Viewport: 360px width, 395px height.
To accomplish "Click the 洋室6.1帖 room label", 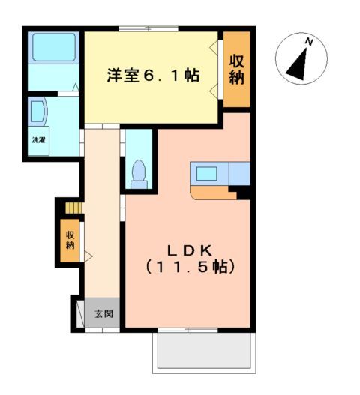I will click(152, 75).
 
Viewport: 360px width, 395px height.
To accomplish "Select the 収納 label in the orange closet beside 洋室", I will click(237, 70).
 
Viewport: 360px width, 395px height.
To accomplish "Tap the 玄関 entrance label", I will click(103, 313).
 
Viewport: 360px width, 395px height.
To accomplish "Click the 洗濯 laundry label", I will click(37, 139).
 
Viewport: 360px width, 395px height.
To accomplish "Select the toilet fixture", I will click(138, 172).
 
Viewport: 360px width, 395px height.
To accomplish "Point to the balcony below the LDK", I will click(202, 350).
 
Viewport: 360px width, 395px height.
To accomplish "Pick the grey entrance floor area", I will click(103, 313).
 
